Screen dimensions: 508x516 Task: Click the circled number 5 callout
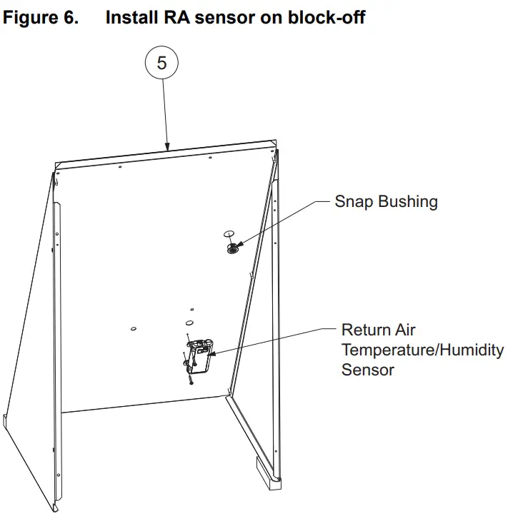pos(161,63)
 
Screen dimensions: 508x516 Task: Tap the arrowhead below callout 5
pos(167,146)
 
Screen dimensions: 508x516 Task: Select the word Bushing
pos(408,202)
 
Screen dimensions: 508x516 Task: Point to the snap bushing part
pos(233,249)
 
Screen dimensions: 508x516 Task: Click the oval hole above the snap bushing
pos(229,234)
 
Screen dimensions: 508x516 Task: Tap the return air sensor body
pos(201,357)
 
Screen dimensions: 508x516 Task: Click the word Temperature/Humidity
pos(423,350)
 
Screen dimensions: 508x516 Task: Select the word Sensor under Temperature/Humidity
pos(368,370)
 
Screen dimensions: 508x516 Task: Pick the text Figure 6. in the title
pos(41,17)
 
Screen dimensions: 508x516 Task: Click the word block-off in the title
pos(327,17)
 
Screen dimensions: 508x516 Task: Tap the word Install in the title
pos(131,17)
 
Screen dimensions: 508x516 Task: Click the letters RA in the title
pos(176,17)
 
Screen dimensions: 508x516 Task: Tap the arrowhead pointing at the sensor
pos(211,354)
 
